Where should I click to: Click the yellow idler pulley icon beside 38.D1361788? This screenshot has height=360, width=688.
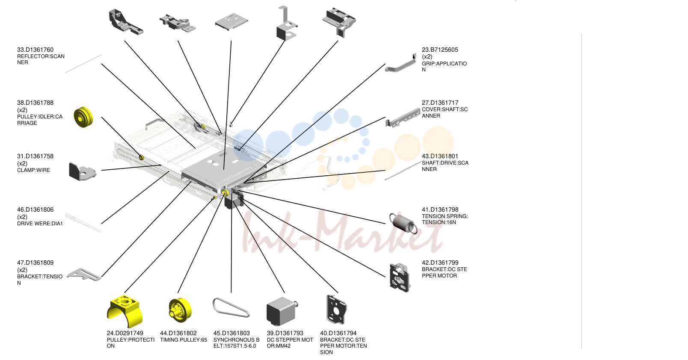(83, 117)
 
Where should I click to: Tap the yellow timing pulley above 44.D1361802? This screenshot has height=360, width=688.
(180, 310)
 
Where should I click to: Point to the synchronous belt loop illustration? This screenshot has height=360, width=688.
(231, 307)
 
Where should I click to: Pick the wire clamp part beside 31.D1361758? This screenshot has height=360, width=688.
(82, 171)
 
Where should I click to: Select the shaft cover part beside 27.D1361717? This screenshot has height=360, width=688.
(403, 118)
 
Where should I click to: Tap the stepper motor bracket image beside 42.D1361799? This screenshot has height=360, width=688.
(399, 277)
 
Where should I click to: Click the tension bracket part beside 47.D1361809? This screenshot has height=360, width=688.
(84, 274)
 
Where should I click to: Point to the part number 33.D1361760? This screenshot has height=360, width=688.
(36, 50)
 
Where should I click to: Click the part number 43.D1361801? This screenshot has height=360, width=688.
(440, 156)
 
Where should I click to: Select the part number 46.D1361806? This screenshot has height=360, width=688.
(36, 210)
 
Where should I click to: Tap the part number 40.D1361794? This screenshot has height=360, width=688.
(338, 333)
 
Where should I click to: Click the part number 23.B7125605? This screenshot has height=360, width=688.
(440, 50)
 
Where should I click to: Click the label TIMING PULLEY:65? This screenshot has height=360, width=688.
(184, 340)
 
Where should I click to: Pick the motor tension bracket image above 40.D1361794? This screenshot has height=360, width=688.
(336, 310)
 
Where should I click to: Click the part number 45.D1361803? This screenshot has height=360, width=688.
(231, 333)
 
